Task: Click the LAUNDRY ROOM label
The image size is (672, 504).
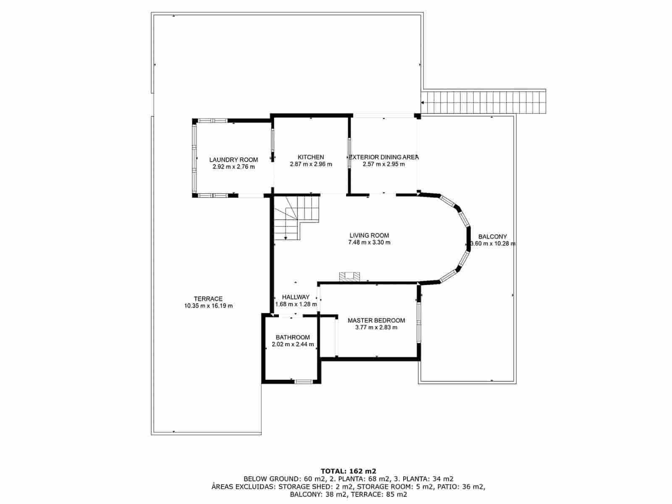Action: click(x=234, y=160)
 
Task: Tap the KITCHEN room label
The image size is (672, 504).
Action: click(x=311, y=157)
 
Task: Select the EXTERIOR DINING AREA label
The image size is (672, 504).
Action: click(x=383, y=157)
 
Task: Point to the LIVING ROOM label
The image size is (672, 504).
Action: click(x=369, y=236)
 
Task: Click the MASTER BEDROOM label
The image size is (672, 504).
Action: click(x=376, y=320)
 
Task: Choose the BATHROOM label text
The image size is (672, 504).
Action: click(x=293, y=337)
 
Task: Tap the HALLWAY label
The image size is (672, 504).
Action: click(x=296, y=297)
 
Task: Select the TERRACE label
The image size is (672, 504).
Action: click(x=208, y=299)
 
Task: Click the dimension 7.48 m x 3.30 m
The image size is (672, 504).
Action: click(x=369, y=242)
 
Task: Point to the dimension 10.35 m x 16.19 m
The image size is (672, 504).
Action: click(x=208, y=306)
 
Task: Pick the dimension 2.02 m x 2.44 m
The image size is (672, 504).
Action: click(x=293, y=344)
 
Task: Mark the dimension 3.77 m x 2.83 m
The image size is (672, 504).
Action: click(x=376, y=328)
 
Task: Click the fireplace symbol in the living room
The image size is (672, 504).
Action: click(x=349, y=276)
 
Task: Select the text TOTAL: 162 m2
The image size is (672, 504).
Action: click(x=348, y=471)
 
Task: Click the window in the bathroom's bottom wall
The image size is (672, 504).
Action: click(x=303, y=381)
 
